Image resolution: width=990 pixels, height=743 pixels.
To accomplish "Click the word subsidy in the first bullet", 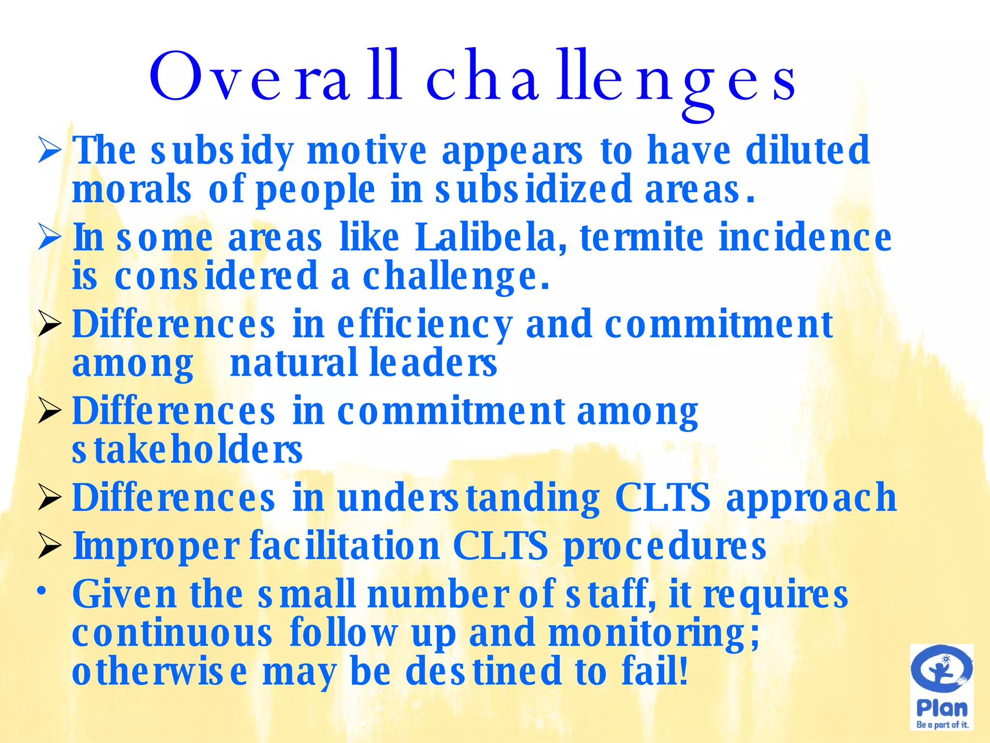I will tap(222, 151).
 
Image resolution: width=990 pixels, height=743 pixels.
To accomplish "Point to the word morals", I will tap(131, 190).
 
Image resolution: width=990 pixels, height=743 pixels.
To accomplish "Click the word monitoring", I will tap(654, 634).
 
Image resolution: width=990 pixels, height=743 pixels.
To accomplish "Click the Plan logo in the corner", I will tap(942, 687).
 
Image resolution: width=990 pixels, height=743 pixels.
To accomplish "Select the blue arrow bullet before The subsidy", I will tap(49, 151).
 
